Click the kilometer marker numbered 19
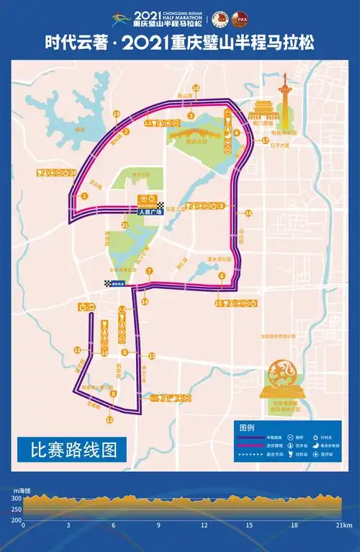tap(116, 114)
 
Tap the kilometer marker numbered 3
tap(191, 115)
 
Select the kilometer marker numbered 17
tap(265, 141)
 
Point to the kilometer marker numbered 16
tap(248, 213)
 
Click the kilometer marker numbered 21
tap(125, 226)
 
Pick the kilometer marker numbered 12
tap(109, 419)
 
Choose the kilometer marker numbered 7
tap(149, 271)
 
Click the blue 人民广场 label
tap(150, 213)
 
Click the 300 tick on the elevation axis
tap(16, 498)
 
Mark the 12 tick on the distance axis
tap(204, 525)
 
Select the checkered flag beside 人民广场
tap(161, 205)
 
